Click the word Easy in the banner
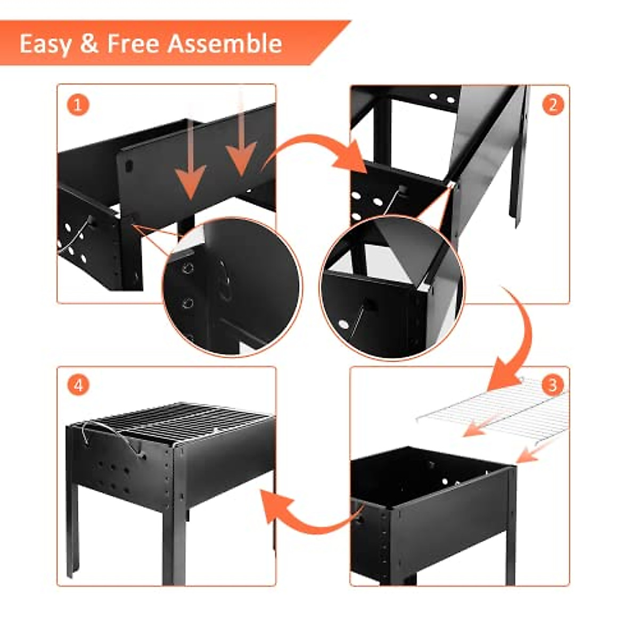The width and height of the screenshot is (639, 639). click(45, 44)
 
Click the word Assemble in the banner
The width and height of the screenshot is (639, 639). click(224, 43)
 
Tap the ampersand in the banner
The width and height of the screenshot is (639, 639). click(89, 44)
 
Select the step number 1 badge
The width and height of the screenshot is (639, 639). click(78, 105)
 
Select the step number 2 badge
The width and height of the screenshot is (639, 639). click(552, 105)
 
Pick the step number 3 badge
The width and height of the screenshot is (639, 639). click(552, 384)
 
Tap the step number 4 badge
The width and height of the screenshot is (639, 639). click(78, 385)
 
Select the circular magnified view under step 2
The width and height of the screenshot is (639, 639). click(391, 288)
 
